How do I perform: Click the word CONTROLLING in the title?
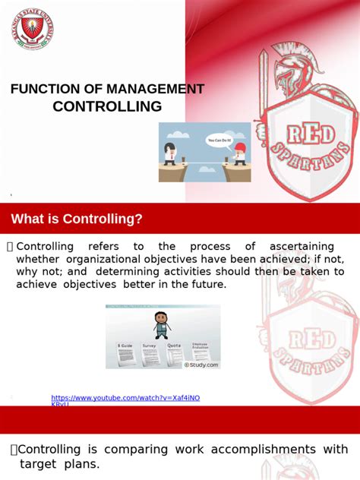click(x=107, y=106)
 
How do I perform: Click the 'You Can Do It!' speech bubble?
click(x=221, y=141)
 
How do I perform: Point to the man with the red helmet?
click(x=241, y=152)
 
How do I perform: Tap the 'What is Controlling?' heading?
click(x=77, y=219)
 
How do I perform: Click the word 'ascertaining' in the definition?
click(x=302, y=247)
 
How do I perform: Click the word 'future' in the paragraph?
click(x=207, y=284)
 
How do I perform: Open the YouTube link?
click(x=125, y=399)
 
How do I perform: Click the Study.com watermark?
click(x=201, y=365)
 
